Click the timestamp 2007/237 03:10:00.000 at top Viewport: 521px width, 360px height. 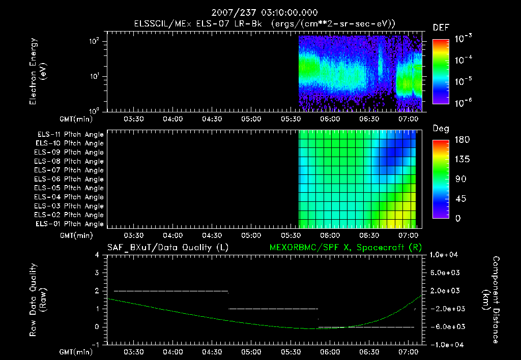tap(260, 12)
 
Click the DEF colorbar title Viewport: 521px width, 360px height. tap(441, 27)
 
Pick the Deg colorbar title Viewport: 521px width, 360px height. tap(441, 129)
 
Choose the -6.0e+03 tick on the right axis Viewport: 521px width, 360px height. tap(445, 326)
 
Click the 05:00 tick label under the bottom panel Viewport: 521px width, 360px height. tap(251, 351)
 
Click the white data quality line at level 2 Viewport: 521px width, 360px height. tap(171, 291)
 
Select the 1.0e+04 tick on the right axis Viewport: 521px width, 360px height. tap(445, 255)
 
